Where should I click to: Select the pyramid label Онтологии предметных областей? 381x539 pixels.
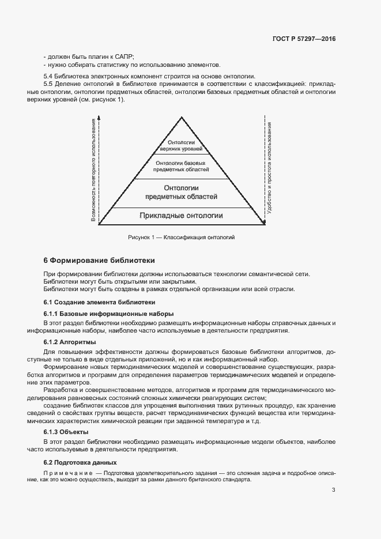coord(182,192)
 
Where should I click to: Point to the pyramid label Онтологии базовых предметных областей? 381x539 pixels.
coord(182,167)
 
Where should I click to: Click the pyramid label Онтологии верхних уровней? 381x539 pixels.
coord(182,145)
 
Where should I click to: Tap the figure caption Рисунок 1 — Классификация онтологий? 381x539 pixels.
coord(182,238)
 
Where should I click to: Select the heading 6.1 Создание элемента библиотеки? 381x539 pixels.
coord(100,303)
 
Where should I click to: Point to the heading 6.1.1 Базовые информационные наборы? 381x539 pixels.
coord(108,314)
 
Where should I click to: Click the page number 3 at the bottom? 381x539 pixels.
coord(334,491)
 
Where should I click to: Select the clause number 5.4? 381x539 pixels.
coord(48,77)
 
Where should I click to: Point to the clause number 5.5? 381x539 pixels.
coord(48,85)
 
